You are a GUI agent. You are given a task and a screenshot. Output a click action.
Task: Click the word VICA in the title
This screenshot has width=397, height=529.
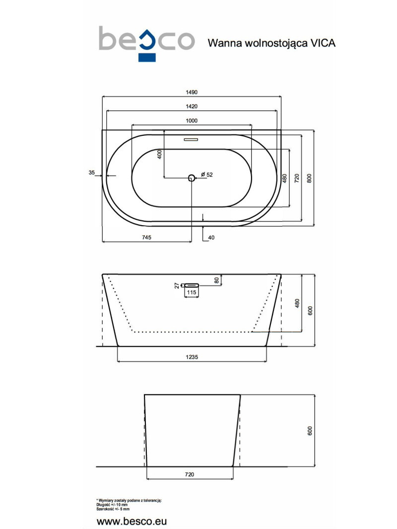(x=323, y=43)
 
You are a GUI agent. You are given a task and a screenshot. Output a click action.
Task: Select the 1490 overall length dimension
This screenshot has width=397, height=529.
(x=192, y=92)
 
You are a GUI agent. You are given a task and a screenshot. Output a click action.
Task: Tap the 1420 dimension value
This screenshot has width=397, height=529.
(x=192, y=106)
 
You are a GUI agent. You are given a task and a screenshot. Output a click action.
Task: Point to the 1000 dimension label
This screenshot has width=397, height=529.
(x=192, y=121)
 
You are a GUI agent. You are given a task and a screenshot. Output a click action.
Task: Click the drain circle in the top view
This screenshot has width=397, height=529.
(x=191, y=177)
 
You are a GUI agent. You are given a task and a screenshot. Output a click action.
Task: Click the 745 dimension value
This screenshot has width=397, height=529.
(x=146, y=238)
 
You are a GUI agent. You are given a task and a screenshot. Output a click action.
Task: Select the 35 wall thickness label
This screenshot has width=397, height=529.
(x=91, y=173)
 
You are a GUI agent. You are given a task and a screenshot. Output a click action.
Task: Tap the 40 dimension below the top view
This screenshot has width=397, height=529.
(x=211, y=238)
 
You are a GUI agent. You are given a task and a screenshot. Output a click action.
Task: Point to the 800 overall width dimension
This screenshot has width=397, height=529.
(x=310, y=177)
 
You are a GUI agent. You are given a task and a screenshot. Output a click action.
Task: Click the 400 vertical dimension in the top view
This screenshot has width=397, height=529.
(x=160, y=154)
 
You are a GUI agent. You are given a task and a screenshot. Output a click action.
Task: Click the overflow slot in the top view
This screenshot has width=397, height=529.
(x=191, y=140)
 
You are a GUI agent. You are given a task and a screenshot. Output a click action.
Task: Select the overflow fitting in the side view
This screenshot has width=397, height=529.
(x=191, y=285)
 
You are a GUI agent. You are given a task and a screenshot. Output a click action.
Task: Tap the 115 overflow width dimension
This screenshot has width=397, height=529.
(x=191, y=293)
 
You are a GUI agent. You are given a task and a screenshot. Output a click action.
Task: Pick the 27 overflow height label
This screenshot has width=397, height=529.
(x=177, y=285)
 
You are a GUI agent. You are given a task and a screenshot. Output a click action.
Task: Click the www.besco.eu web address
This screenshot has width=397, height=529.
(x=132, y=522)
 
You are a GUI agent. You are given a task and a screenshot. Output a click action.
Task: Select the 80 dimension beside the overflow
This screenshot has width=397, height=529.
(x=216, y=280)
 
